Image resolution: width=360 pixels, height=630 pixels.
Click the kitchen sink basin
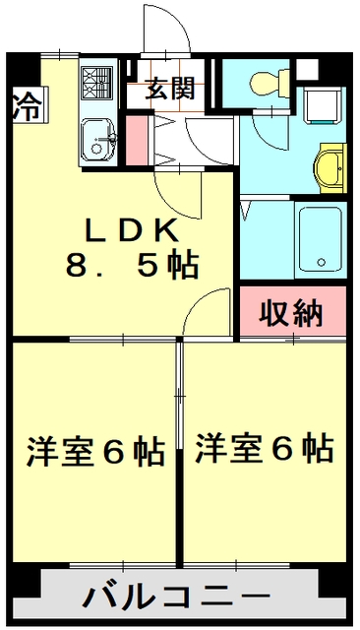[x=96, y=139]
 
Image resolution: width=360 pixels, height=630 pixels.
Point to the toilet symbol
[x=267, y=83]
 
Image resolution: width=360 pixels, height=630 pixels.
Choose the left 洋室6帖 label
[x=94, y=451]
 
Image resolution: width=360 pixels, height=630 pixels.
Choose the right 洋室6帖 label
[x=263, y=448]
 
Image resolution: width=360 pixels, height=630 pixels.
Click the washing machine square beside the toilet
[x=320, y=107]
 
